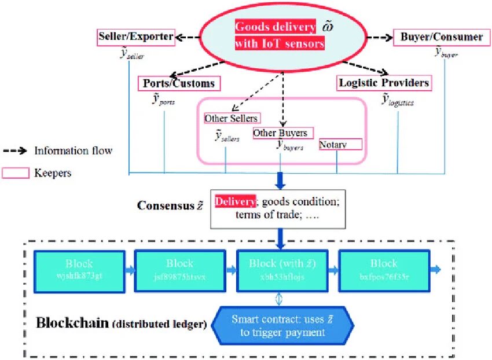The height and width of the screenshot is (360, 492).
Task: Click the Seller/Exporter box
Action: pos(135,37)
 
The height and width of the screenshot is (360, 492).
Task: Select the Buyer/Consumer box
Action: pos(441,37)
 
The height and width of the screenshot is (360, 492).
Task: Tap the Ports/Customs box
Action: pos(179,83)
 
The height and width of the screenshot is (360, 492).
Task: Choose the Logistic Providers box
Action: pos(384,83)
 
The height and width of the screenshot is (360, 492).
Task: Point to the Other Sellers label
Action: pos(231,119)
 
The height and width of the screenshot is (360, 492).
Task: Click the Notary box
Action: pos(340,145)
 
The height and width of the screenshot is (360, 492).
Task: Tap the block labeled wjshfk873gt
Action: pos(79,270)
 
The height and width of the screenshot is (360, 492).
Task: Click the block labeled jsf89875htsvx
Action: pos(179,270)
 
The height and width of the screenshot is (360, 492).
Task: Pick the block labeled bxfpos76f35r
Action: pos(384,270)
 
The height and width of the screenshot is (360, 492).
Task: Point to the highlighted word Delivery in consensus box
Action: pos(235,201)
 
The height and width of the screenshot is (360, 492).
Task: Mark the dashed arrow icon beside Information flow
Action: pos(17,151)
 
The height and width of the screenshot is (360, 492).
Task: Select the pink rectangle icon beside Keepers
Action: pos(17,172)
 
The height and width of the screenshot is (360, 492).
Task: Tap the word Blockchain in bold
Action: pos(72,322)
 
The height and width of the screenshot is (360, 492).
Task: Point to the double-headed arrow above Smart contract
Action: pos(279,298)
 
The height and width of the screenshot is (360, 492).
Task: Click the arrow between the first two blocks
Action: pos(130,270)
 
